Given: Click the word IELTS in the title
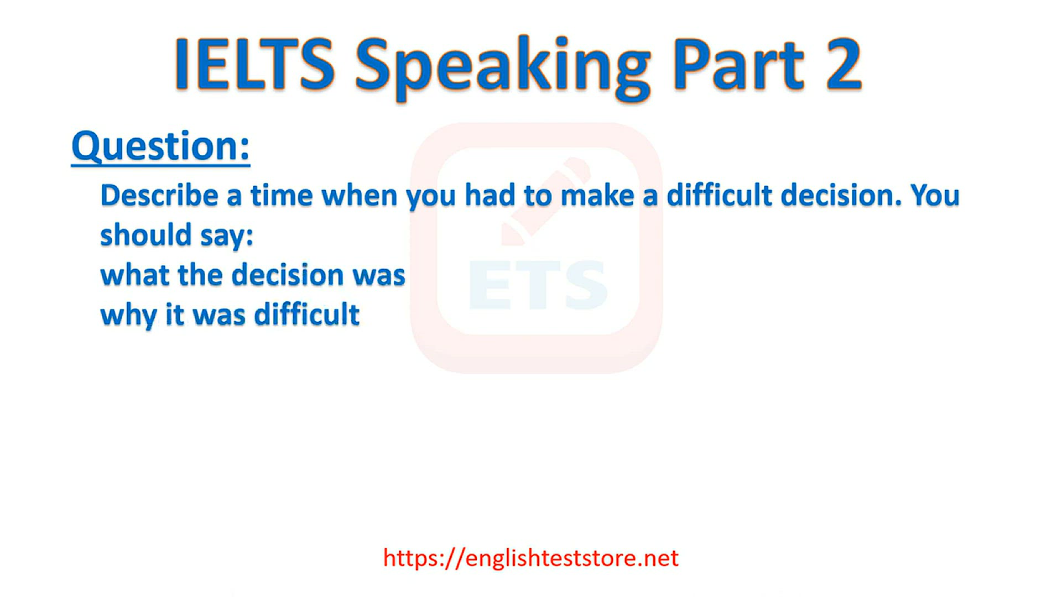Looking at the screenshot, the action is (x=255, y=64).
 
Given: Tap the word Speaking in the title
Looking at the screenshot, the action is (x=503, y=68).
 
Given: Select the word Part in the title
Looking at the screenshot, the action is (x=738, y=64).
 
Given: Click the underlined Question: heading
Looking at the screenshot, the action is (x=161, y=146).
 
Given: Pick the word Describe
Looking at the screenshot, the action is (x=159, y=195).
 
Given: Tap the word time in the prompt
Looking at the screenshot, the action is (x=282, y=195).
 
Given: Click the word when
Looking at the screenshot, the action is (x=360, y=195).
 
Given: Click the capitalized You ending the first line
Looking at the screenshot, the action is (x=935, y=195).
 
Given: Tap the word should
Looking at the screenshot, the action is (x=145, y=235).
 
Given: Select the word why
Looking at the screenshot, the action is (x=128, y=316).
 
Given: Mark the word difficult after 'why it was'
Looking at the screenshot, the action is (x=307, y=315).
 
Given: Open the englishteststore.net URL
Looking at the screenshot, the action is (x=531, y=558).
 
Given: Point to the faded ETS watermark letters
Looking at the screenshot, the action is (x=538, y=285).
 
